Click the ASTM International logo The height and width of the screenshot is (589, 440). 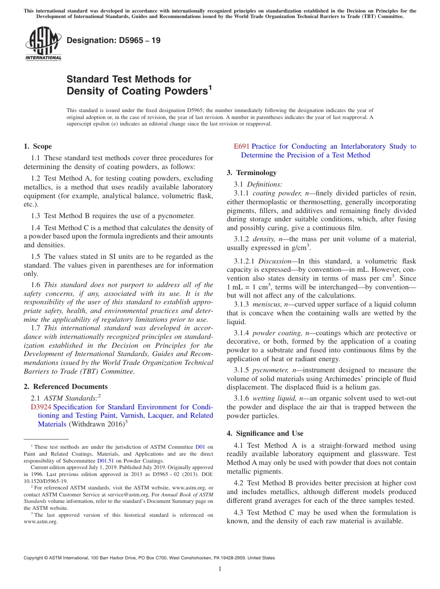[43, 44]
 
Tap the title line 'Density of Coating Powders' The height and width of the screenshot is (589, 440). [137, 91]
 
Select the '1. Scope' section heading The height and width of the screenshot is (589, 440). [38, 146]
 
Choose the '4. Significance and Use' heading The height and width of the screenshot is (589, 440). [265, 433]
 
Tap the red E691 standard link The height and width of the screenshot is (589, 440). [242, 146]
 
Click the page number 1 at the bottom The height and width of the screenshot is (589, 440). [220, 569]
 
